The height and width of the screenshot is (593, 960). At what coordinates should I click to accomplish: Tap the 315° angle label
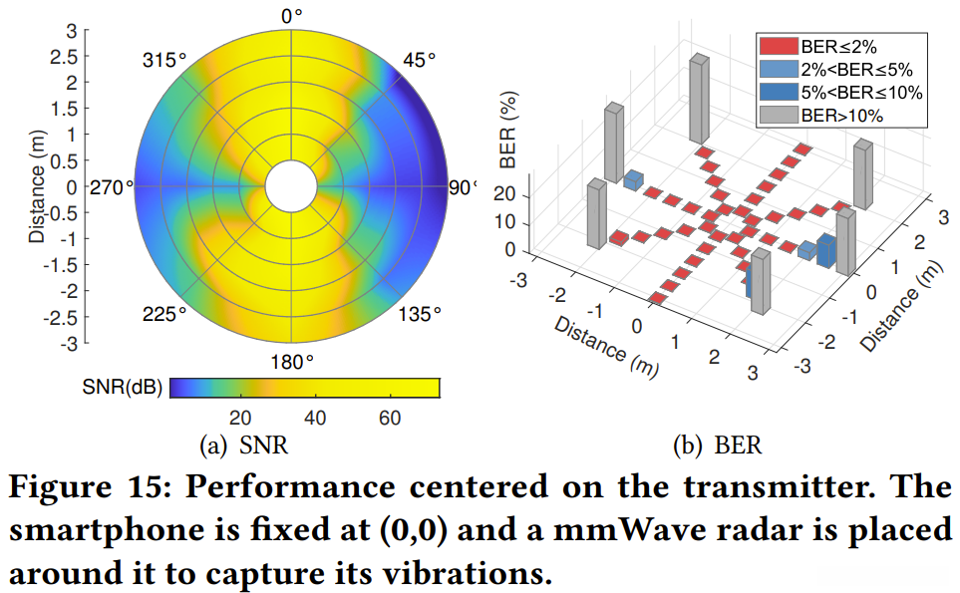tap(164, 60)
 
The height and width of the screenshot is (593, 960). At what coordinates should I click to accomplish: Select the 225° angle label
tap(164, 315)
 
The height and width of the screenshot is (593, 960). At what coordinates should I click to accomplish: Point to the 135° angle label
tap(419, 315)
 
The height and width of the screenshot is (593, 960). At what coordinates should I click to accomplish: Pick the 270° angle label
tap(113, 186)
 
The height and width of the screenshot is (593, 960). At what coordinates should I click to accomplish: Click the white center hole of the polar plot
tap(291, 186)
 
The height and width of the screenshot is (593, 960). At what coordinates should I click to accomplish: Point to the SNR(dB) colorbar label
tap(130, 387)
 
